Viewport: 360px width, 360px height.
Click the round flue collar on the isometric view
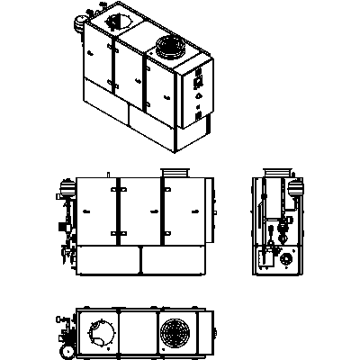[x=168, y=48]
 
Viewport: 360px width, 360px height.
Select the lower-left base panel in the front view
[x=106, y=261]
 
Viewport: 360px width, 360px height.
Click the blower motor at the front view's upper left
[x=64, y=190]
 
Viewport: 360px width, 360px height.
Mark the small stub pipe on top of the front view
[x=108, y=174]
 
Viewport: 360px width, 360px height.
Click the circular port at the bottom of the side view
[x=286, y=259]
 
